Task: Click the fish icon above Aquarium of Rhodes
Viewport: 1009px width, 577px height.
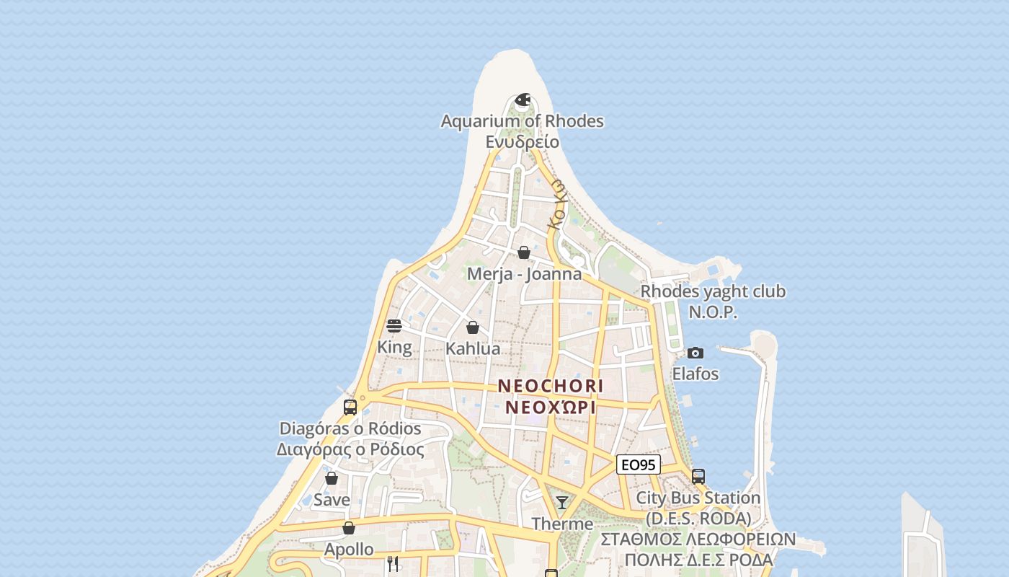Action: click(x=523, y=100)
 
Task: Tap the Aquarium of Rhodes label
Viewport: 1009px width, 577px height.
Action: click(x=522, y=121)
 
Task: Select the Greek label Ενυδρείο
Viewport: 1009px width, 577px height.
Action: click(x=522, y=141)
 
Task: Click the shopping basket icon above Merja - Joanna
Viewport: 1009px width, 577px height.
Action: click(x=524, y=252)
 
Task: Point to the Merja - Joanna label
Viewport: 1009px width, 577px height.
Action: click(x=524, y=274)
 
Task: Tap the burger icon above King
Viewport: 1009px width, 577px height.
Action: click(x=394, y=326)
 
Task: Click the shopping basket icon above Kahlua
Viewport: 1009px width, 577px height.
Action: click(x=473, y=327)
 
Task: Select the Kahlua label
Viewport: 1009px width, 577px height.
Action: click(x=473, y=348)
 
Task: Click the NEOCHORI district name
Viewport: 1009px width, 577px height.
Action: click(x=551, y=386)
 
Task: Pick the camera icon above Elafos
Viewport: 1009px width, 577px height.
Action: click(x=695, y=353)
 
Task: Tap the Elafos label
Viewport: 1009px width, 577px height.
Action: click(x=695, y=374)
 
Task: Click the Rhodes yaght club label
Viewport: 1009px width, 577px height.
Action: click(x=713, y=291)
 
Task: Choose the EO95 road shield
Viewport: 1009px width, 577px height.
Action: click(x=639, y=465)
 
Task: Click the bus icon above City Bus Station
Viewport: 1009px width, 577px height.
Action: click(x=698, y=476)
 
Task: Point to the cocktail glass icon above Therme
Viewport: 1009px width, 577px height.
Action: click(x=562, y=502)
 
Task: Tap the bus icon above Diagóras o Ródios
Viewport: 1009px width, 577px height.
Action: click(x=350, y=408)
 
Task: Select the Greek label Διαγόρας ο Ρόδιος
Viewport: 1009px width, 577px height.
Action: click(x=350, y=449)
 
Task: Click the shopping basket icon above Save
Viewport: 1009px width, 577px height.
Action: click(x=332, y=478)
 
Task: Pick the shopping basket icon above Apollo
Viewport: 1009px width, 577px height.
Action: click(x=349, y=528)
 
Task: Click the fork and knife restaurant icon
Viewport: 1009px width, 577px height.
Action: click(x=393, y=563)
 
